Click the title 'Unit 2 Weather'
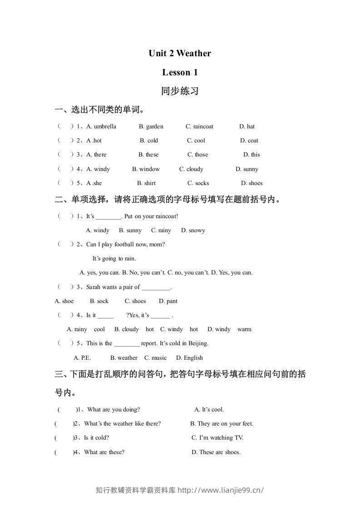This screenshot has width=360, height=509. [180, 54]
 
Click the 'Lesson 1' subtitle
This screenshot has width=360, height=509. [180, 72]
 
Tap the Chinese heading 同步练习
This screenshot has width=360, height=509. [180, 91]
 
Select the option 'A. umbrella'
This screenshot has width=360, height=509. [101, 127]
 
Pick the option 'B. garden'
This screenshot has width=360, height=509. [151, 127]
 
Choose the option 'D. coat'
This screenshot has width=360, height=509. [249, 141]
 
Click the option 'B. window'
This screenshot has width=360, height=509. [146, 169]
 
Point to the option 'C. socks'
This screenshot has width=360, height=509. [198, 183]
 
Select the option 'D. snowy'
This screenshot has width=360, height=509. [193, 230]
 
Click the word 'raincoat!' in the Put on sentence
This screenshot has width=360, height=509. [166, 216]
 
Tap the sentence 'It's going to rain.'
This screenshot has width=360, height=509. [114, 259]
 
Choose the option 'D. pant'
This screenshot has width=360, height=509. [168, 301]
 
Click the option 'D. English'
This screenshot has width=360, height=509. [189, 358]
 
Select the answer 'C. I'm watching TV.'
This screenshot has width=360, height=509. [217, 438]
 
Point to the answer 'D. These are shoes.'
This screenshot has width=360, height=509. [216, 452]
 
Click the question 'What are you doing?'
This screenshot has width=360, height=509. [113, 410]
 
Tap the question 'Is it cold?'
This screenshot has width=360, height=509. [96, 438]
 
